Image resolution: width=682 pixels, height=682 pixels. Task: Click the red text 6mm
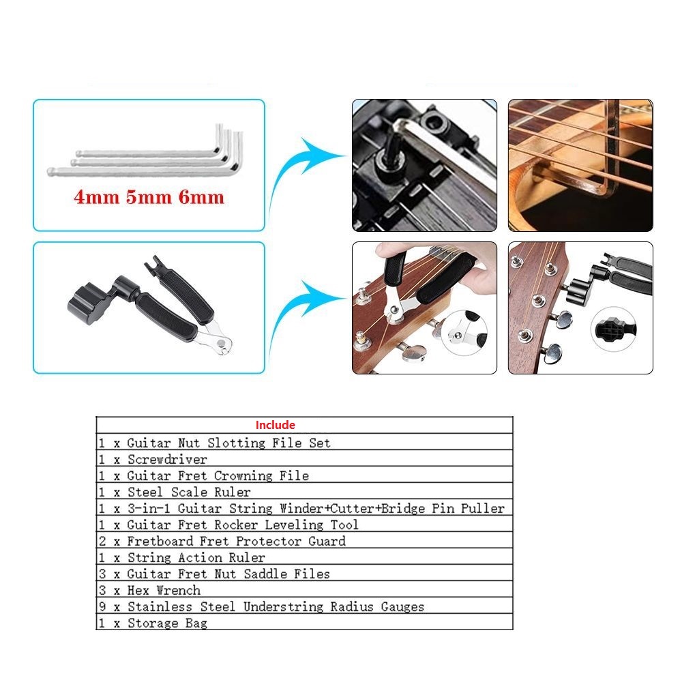point(201,198)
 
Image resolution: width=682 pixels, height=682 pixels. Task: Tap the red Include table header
point(275,425)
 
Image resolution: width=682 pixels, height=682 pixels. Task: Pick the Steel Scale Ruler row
point(174,492)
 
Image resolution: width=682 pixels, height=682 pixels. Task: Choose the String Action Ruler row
point(181,557)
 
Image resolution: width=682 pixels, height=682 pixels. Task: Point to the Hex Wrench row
point(149,590)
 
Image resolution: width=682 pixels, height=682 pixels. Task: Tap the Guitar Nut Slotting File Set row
point(214,443)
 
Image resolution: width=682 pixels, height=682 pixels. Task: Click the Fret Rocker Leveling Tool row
point(228,524)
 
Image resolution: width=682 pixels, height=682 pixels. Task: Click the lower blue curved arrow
point(303,310)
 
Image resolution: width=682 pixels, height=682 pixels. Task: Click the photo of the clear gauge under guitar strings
point(580,166)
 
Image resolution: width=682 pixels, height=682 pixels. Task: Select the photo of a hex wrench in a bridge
point(424,166)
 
